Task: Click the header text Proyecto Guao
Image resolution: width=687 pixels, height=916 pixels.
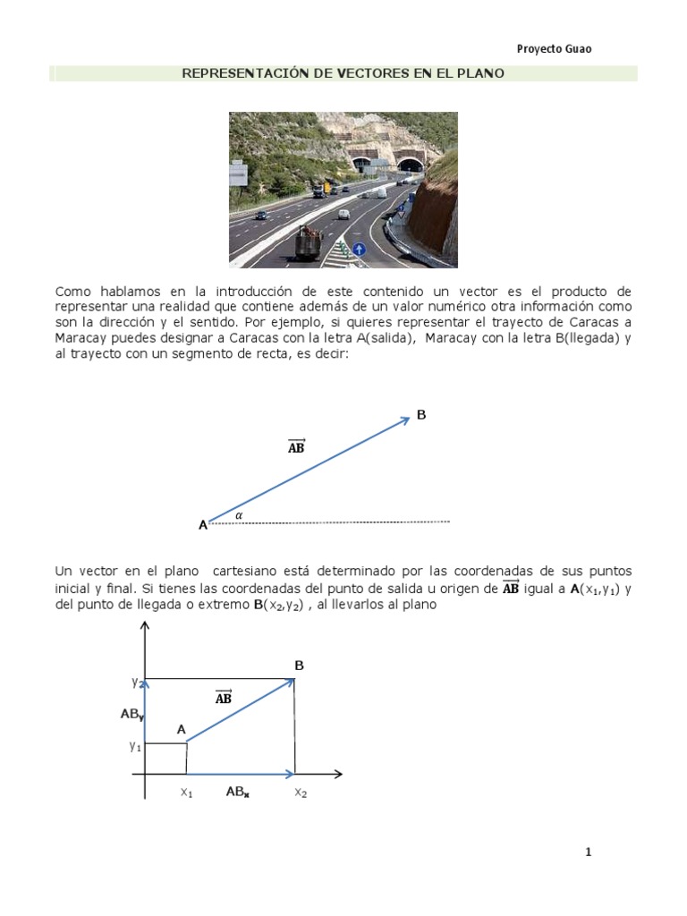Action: pos(554,49)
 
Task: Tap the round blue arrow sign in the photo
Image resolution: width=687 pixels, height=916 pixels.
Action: pos(359,250)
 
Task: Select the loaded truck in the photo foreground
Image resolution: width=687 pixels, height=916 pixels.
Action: pos(309,242)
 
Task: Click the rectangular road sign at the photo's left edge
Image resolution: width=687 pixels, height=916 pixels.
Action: pos(238,172)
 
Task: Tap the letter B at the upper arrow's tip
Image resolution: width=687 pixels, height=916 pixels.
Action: pos(421,415)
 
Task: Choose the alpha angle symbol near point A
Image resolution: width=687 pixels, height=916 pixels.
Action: pos(239,515)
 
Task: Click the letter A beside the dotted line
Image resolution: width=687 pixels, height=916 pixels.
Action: pos(203,526)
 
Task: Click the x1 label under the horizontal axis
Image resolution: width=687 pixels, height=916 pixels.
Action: pos(186,793)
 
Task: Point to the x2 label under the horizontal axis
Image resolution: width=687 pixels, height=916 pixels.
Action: pos(301,793)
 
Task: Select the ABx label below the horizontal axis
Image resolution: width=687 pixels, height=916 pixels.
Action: pos(237,792)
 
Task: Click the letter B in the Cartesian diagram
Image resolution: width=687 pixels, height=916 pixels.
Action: pos(300,666)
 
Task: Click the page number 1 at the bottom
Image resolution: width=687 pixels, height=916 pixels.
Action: pos(588,852)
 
